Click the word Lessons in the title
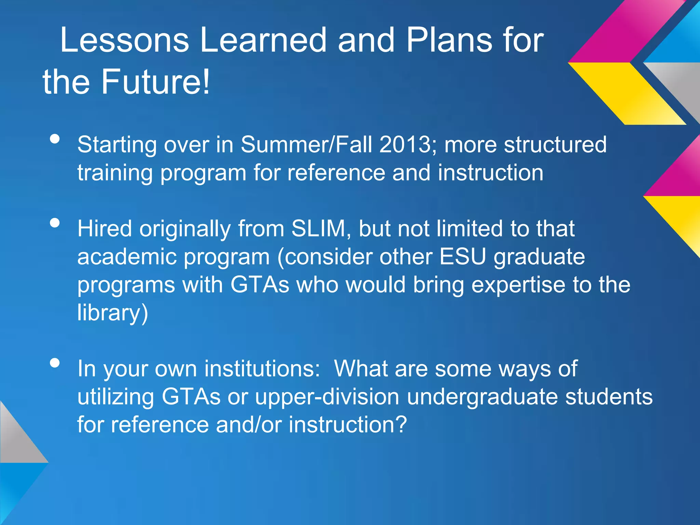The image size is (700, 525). point(124,40)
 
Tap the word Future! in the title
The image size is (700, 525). point(155,82)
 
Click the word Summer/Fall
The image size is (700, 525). point(306,145)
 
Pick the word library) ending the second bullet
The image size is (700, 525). point(112,313)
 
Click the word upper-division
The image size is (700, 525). point(327,397)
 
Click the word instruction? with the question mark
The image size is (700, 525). point(348,425)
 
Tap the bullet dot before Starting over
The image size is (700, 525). point(55,139)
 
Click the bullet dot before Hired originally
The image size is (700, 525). point(55,223)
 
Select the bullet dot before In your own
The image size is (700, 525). point(55,363)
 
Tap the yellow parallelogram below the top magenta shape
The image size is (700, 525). point(627,93)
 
